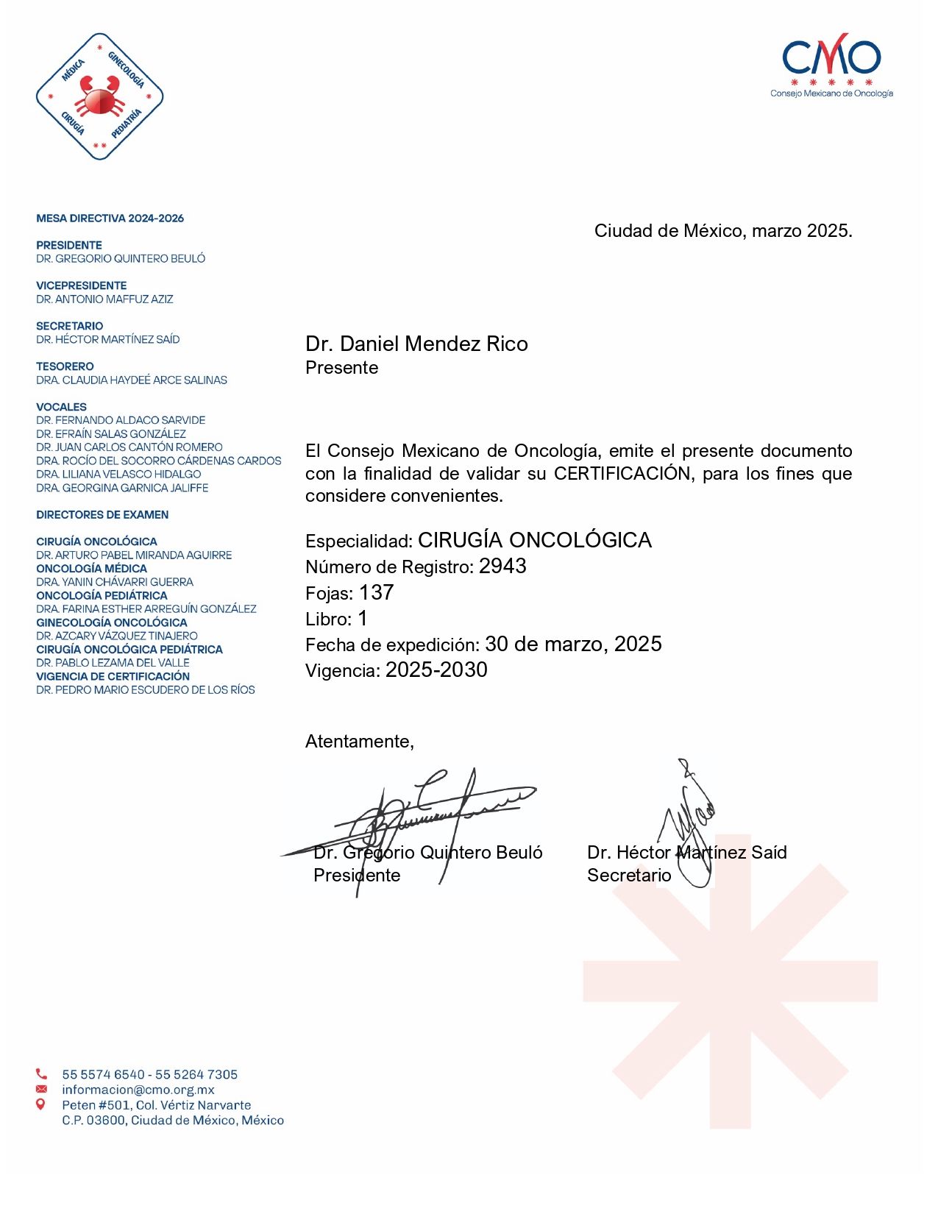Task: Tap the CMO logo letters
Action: pyautogui.click(x=831, y=57)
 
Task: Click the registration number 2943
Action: pyautogui.click(x=502, y=566)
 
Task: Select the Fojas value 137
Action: pyautogui.click(x=376, y=592)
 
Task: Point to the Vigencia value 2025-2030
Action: pyautogui.click(x=436, y=670)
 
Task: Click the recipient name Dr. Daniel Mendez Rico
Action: pyautogui.click(x=416, y=344)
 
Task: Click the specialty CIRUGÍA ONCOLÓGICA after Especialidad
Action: pyautogui.click(x=534, y=540)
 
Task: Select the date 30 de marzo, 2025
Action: pyautogui.click(x=573, y=644)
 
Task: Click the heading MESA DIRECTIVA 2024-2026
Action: pyautogui.click(x=110, y=218)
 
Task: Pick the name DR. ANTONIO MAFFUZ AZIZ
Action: pyautogui.click(x=104, y=299)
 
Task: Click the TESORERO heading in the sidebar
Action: pyautogui.click(x=65, y=366)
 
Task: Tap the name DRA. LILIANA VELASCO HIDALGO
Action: pyautogui.click(x=118, y=474)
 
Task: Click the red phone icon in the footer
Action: pyautogui.click(x=41, y=1074)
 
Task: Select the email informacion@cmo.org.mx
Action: pyautogui.click(x=138, y=1090)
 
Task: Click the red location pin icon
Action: pyautogui.click(x=41, y=1104)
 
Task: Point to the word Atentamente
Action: pyautogui.click(x=359, y=741)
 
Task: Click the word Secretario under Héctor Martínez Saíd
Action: pyautogui.click(x=629, y=875)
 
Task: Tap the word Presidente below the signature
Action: pyautogui.click(x=357, y=875)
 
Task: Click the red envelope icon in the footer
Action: pyautogui.click(x=41, y=1090)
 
